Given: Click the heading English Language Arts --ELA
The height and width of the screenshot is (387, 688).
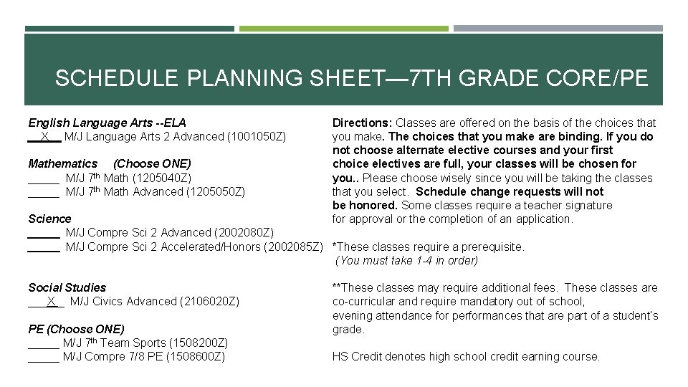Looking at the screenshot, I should [107, 123].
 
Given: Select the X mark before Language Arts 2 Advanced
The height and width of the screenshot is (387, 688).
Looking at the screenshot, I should [44, 136].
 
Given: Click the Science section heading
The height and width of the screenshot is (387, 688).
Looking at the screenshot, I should [49, 219].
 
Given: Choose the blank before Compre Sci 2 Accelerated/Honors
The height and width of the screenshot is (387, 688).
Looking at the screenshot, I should [43, 247].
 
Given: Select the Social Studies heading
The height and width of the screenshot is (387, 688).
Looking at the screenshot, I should [67, 287].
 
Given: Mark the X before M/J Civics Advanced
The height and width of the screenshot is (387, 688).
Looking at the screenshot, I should [51, 302].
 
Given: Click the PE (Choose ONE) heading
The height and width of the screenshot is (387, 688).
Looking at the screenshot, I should [76, 329].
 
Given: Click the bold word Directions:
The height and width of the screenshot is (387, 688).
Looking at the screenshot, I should [362, 123].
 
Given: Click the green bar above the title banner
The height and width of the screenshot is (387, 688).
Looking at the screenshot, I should [343, 29].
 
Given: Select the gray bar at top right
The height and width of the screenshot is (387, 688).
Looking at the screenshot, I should [558, 29].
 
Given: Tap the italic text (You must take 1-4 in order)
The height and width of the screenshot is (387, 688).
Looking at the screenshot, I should [406, 261].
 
